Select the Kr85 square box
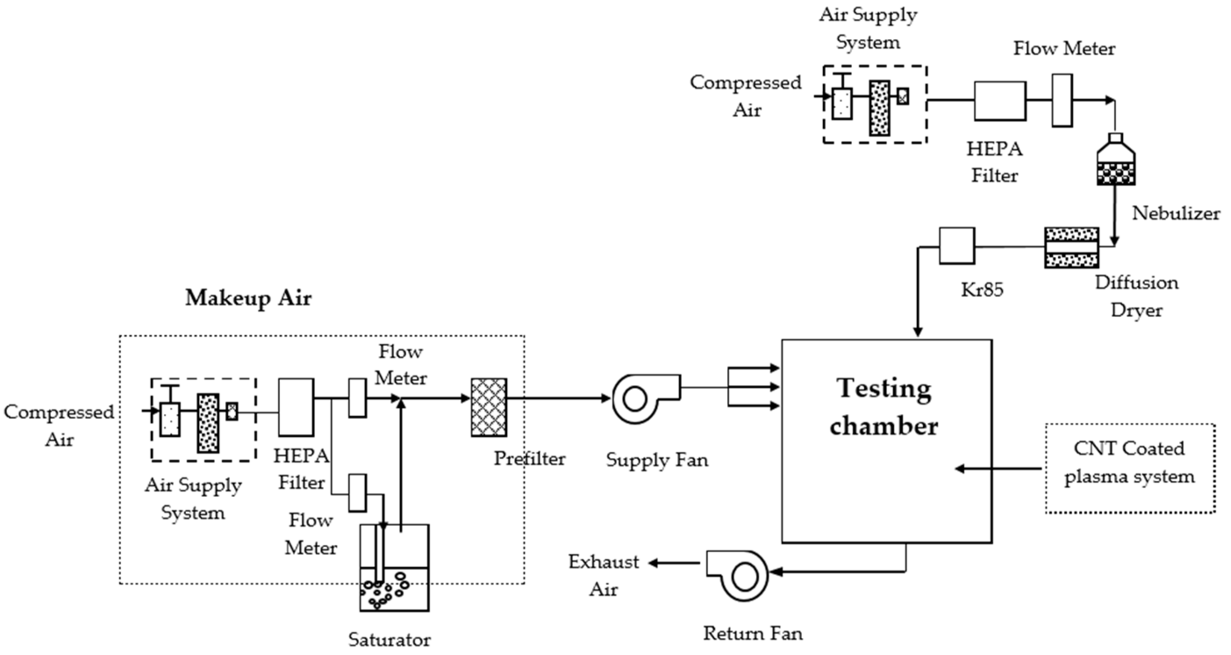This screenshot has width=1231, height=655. tap(957, 246)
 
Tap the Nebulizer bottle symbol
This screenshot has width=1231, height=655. tap(1115, 161)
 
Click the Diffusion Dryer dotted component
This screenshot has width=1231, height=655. tap(1071, 248)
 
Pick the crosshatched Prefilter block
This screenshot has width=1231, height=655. tap(489, 407)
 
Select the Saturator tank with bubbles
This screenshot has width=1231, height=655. tap(394, 569)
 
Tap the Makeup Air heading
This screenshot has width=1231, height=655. tap(248, 298)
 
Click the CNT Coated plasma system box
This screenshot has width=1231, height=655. tap(1130, 468)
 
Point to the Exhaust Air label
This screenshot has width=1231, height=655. tap(604, 575)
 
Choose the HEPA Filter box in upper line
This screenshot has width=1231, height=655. tap(1000, 101)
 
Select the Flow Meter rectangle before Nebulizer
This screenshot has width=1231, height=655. tap(1062, 101)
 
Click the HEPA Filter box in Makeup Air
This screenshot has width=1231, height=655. tap(296, 407)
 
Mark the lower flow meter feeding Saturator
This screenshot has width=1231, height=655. tap(358, 493)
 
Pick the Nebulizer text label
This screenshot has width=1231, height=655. tap(1176, 213)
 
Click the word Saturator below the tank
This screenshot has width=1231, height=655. tap(389, 639)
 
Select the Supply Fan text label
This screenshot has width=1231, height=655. tap(657, 460)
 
